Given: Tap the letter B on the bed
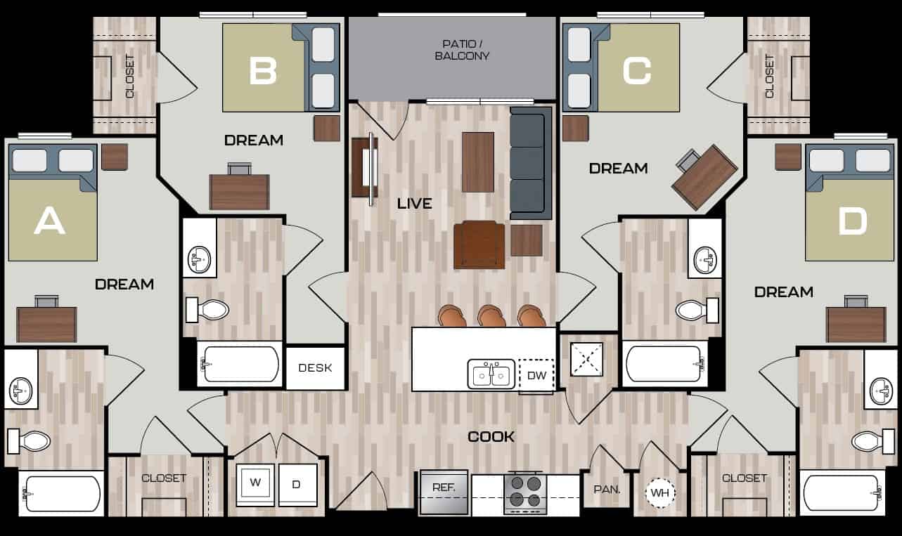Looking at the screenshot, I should point(262,70).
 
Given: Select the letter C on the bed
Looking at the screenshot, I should point(636,70).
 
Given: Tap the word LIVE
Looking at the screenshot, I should point(414,204).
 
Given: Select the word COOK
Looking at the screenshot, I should point(491,437).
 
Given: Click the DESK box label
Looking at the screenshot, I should point(315,368).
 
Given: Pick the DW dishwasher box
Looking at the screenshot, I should point(536,375).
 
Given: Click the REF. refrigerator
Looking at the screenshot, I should point(444,492).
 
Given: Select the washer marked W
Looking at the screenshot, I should point(254,484).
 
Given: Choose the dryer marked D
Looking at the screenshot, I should point(296,484).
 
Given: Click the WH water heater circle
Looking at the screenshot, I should point(659,493).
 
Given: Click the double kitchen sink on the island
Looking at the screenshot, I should point(491,374).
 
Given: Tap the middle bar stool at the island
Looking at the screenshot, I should point(491,316).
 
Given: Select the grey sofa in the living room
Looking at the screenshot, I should point(531,163).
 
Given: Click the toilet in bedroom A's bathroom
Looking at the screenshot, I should point(30,441).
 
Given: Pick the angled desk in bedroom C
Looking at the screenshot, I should point(704,177).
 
